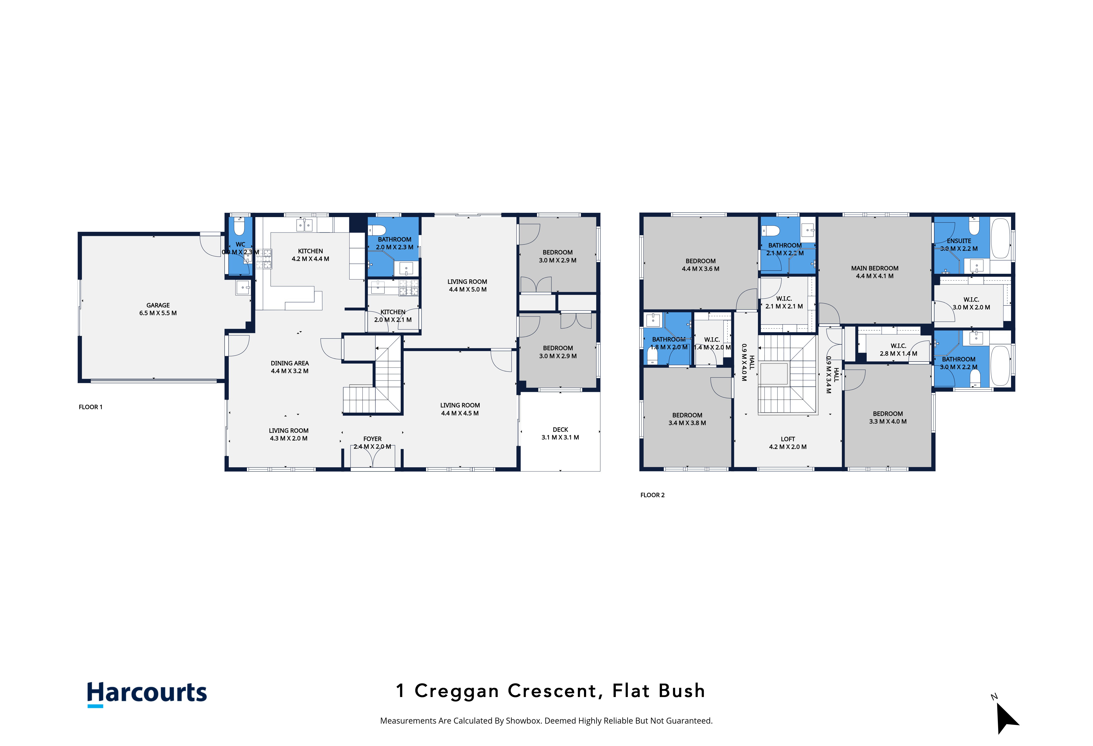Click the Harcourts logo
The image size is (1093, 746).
[147, 694]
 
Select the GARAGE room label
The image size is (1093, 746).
[158, 305]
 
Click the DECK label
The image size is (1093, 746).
[560, 430]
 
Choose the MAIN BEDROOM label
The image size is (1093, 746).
[875, 268]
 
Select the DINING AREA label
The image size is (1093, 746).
[290, 363]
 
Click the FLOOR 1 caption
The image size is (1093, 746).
[90, 407]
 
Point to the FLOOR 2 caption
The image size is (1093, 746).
[652, 495]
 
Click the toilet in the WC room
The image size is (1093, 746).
[239, 226]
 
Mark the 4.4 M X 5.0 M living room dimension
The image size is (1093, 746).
[468, 289]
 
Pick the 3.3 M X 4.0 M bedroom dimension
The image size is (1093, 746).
[888, 422]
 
